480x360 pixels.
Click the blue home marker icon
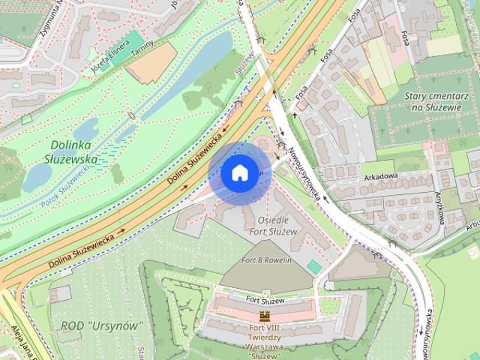(238, 172)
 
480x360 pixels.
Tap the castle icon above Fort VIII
(263, 316)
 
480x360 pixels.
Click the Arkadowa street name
(380, 178)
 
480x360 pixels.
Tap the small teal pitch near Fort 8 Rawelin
(313, 266)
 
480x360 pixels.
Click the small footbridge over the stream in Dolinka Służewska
(133, 115)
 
